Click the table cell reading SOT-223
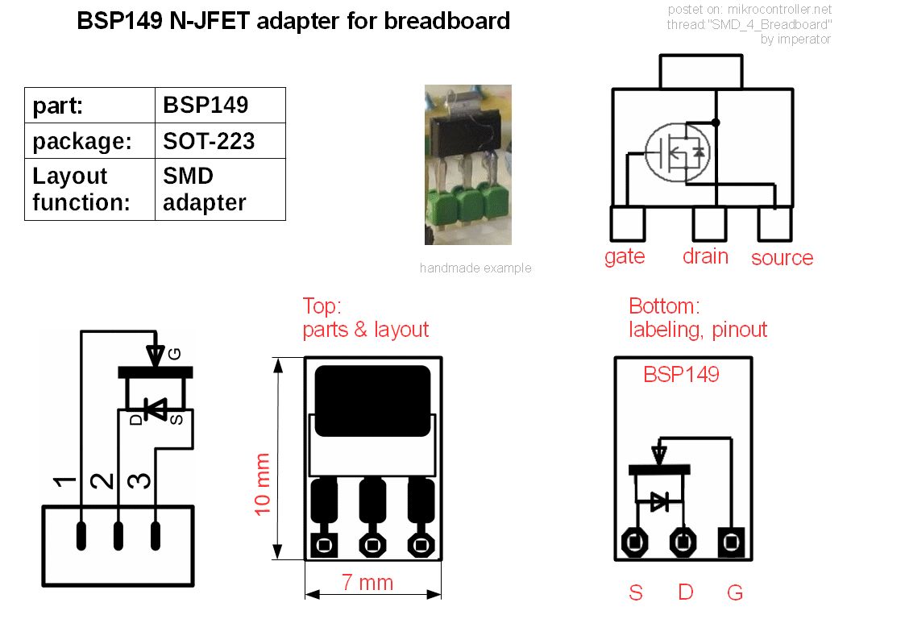coord(209,141)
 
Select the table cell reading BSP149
coord(205,106)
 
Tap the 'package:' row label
coord(82,141)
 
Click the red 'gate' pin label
coord(625,256)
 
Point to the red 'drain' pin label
coord(705,256)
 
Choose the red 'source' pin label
coord(782,258)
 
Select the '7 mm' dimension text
coord(367,583)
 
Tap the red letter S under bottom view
coord(636,593)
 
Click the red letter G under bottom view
coord(734,593)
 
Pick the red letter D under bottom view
coord(685,593)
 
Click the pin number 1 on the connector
coord(64,482)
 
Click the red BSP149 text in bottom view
coord(681,375)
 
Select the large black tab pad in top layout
coord(372,401)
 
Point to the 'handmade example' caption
coord(475,268)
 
